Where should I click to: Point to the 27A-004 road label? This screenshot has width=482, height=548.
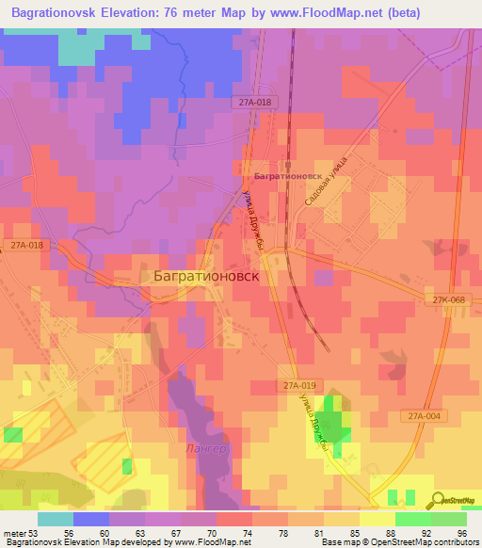[427, 415]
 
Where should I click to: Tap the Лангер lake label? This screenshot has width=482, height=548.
[206, 449]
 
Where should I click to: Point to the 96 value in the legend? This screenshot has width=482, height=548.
[461, 534]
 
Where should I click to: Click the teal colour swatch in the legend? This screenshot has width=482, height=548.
[56, 519]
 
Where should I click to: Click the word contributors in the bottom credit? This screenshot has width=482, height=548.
[450, 542]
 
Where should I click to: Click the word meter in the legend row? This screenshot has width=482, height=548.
[14, 534]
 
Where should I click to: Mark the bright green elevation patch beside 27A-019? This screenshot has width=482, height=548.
[331, 419]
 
